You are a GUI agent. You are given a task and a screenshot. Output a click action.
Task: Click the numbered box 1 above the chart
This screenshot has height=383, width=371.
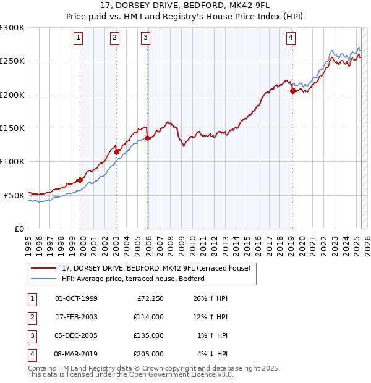pyautogui.click(x=79, y=38)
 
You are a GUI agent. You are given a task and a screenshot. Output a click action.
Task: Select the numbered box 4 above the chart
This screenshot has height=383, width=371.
pyautogui.click(x=291, y=38)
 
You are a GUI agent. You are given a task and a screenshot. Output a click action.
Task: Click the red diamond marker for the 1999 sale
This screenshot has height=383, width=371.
pyautogui.click(x=80, y=180)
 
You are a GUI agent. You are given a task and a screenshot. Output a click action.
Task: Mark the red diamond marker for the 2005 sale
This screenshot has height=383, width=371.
pyautogui.click(x=147, y=138)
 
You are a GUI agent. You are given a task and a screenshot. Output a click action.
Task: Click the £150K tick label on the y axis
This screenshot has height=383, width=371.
pyautogui.click(x=12, y=128)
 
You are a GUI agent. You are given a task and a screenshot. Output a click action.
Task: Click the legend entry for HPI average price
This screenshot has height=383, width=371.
pyautogui.click(x=133, y=279)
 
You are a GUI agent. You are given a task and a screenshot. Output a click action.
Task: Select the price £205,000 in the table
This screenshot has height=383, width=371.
pyautogui.click(x=148, y=354)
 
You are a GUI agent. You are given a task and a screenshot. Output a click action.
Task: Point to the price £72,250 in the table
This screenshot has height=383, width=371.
pyautogui.click(x=148, y=298)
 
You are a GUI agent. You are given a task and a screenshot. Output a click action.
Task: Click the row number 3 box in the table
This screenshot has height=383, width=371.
pyautogui.click(x=31, y=335)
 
